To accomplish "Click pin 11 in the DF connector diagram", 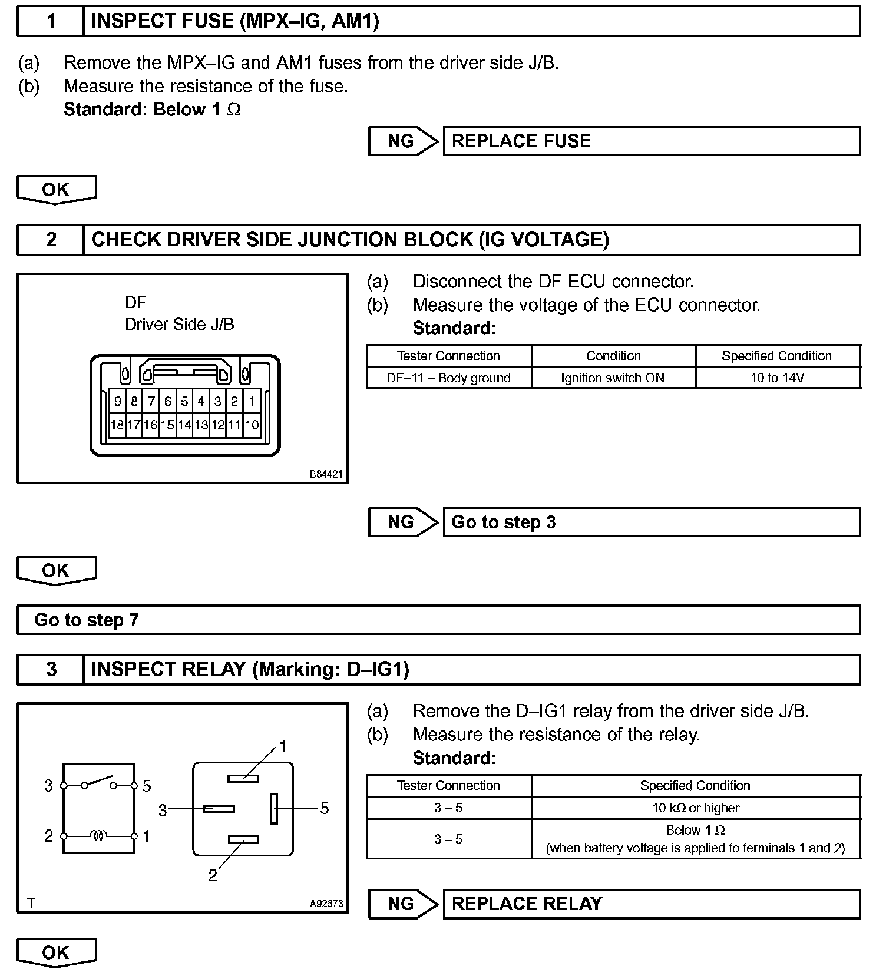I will click(234, 425).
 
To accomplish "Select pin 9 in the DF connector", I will click(118, 402).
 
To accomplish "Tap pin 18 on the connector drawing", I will click(117, 425).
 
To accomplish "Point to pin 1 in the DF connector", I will click(252, 402).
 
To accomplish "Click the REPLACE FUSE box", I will click(651, 141).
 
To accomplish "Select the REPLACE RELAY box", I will click(651, 904).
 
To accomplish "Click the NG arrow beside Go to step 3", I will click(403, 522).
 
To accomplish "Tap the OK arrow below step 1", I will click(56, 190).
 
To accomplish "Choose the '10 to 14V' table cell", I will click(778, 378).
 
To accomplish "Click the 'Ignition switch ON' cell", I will click(613, 378).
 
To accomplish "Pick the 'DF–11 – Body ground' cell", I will click(449, 378).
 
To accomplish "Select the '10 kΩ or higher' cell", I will click(695, 808).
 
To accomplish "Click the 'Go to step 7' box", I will click(438, 620).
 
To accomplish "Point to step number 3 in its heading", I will click(51, 669).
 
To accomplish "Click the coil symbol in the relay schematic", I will click(98, 835).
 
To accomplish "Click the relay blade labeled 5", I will click(274, 809).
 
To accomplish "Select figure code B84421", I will click(326, 474).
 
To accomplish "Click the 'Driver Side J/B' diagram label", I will click(179, 325).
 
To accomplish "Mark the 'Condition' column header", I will click(613, 356).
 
